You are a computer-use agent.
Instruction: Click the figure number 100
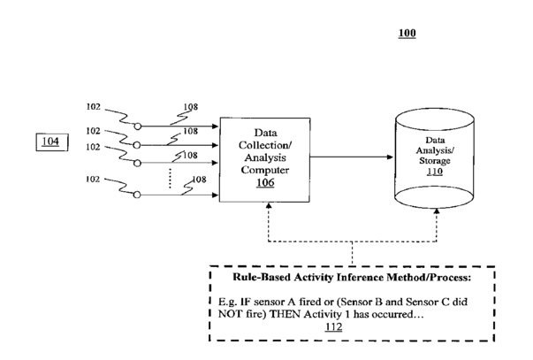click(407, 34)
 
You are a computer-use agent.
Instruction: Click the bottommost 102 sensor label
click(92, 179)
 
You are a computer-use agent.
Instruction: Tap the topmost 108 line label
click(190, 109)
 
